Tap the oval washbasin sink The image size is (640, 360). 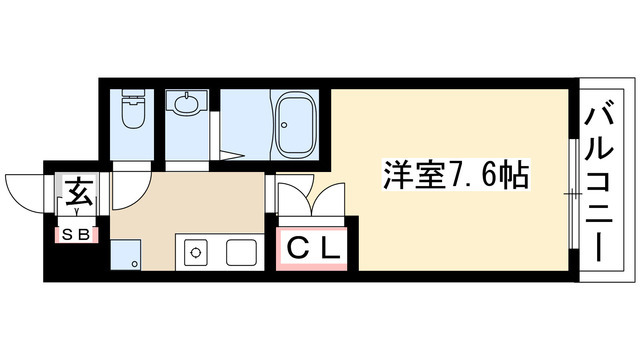click(187, 105)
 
